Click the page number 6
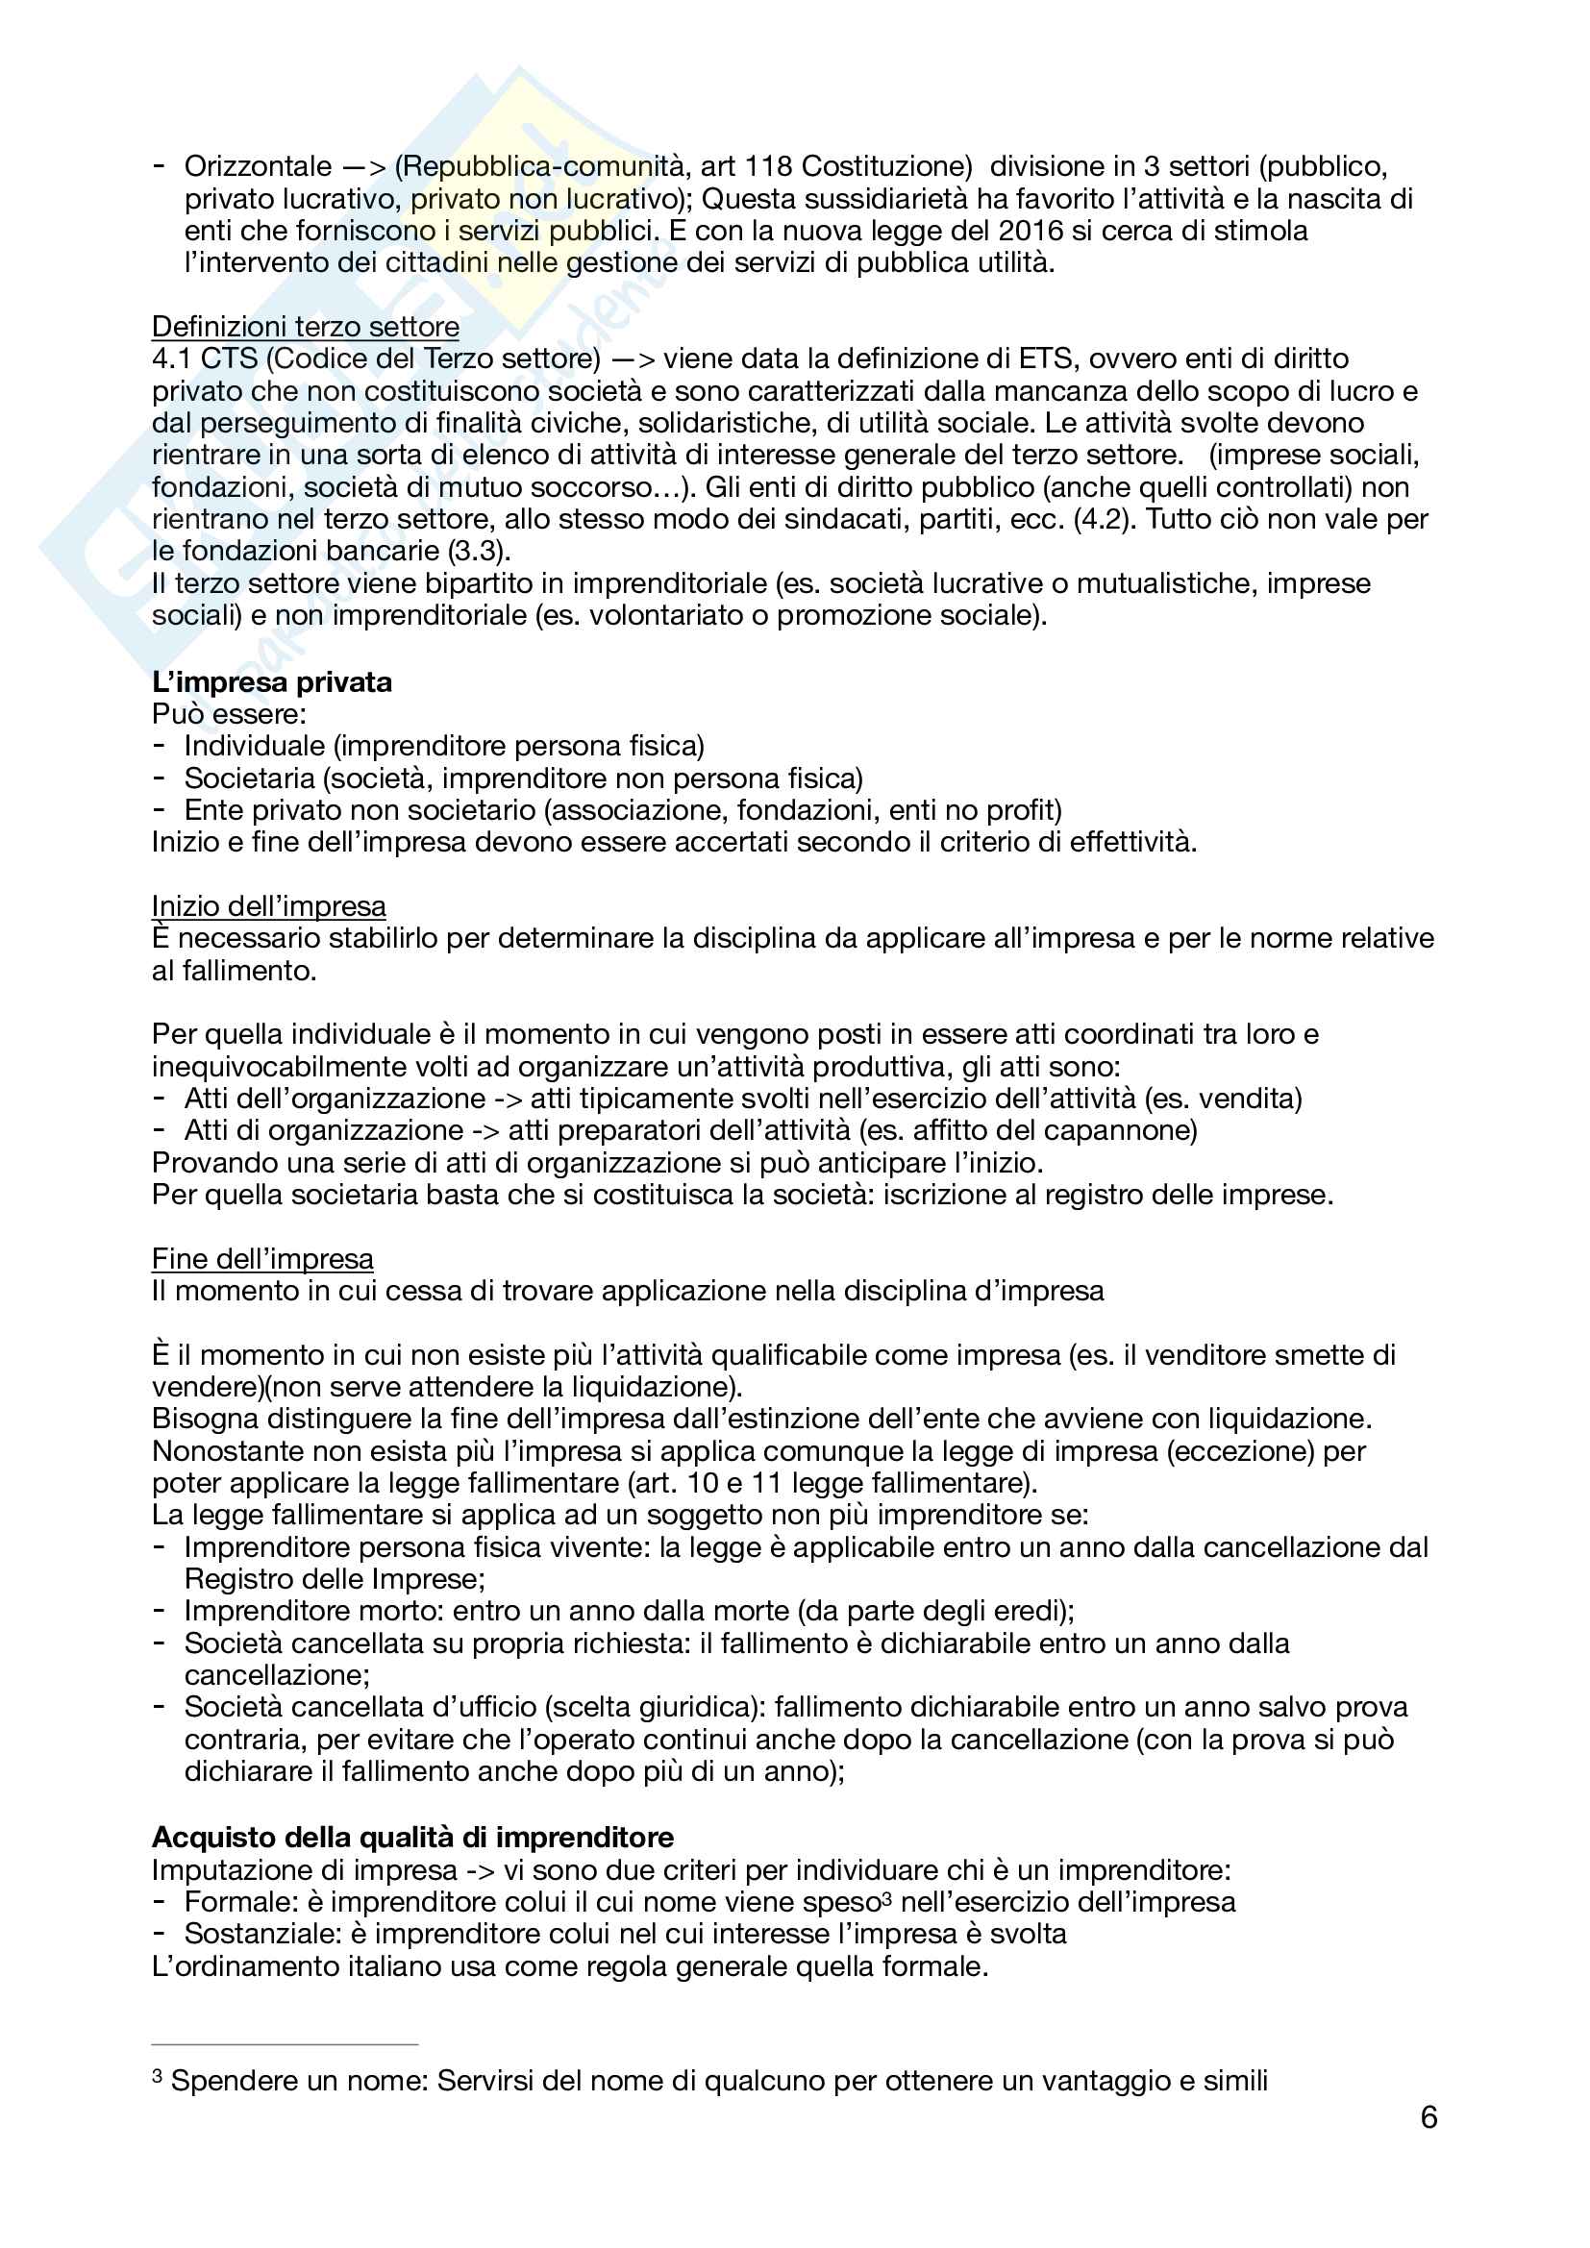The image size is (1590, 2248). tap(1429, 2118)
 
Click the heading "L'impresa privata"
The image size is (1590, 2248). tap(271, 681)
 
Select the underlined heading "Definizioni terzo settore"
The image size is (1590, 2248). tap(306, 326)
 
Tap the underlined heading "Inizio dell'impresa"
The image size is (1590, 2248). tap(268, 905)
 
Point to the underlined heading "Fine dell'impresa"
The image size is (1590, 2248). tap(262, 1258)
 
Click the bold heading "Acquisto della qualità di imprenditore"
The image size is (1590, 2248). tap(413, 1837)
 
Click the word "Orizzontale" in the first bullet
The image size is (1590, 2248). tap(259, 166)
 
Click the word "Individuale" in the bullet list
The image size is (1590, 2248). tap(254, 746)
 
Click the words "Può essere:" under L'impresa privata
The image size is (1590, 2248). tap(229, 714)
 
